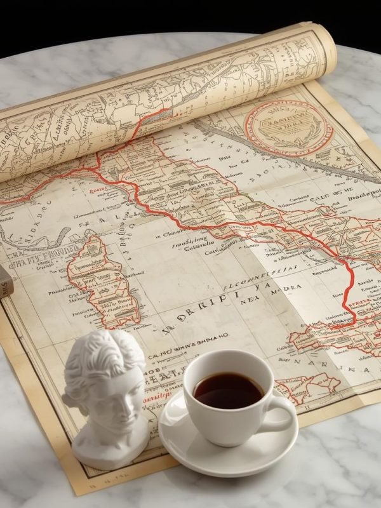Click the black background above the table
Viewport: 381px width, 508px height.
(x=190, y=16)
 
